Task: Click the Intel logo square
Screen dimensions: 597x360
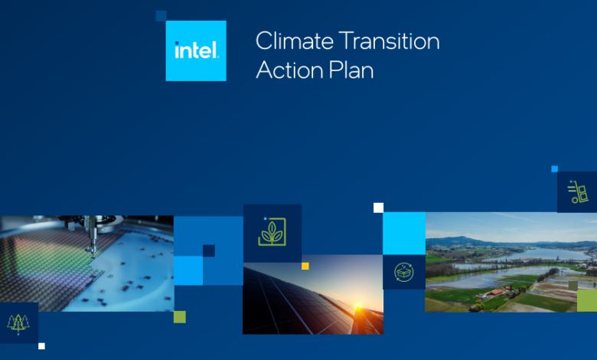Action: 196,51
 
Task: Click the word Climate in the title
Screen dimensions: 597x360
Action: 295,41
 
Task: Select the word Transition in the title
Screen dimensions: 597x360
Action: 389,41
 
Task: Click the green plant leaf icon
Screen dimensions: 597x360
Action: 272,231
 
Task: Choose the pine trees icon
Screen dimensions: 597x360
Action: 18,323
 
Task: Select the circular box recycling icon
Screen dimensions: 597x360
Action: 404,272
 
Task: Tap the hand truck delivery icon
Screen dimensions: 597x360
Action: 578,191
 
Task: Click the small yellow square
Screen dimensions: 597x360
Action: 305,266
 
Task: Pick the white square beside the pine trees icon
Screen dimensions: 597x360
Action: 41,346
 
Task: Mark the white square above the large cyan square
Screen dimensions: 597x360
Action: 378,208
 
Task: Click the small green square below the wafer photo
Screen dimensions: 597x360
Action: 180,317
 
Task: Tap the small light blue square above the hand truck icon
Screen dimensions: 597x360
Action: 555,169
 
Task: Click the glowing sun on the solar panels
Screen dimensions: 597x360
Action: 358,307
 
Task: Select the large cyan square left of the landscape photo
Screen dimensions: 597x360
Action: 404,234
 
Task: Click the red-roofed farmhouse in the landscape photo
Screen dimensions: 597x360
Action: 495,293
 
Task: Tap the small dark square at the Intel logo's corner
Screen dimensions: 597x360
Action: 161,16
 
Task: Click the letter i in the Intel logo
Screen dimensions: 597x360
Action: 177,50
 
